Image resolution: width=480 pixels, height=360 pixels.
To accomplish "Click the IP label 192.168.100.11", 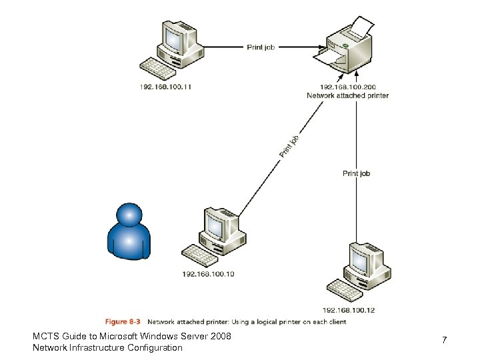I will (165, 87).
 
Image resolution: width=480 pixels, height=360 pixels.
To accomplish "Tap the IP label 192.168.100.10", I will (208, 273).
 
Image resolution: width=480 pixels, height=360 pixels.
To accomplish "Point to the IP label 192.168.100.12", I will (349, 310).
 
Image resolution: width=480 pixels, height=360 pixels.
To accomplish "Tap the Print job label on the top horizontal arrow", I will (260, 47).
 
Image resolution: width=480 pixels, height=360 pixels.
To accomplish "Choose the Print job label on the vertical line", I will (356, 173).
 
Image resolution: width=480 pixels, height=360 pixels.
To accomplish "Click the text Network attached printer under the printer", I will (347, 95).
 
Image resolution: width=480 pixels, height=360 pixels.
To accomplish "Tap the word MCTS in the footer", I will (45, 337).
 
